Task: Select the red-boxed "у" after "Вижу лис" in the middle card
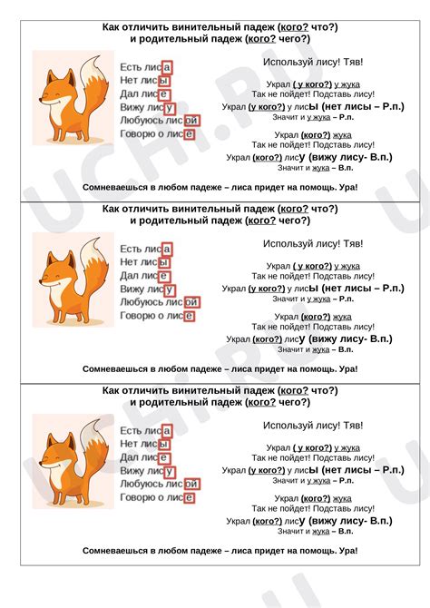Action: pyautogui.click(x=170, y=289)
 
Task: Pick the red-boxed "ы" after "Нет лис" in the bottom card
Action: pyautogui.click(x=163, y=444)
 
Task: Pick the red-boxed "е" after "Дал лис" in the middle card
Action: pyautogui.click(x=163, y=275)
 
